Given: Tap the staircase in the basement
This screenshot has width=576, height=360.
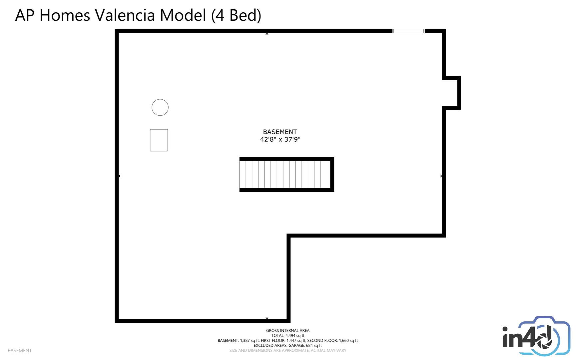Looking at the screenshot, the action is point(287,174).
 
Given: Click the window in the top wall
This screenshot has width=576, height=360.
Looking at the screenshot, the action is point(408,31).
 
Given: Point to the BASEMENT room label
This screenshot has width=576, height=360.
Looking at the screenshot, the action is point(280,132).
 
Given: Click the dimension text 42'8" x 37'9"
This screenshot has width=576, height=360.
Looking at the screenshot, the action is point(280,139).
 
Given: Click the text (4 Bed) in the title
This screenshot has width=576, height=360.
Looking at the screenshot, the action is point(236,15).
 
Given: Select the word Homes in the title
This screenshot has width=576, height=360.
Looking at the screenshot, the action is point(65,15).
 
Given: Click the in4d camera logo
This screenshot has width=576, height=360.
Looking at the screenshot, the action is point(536,336).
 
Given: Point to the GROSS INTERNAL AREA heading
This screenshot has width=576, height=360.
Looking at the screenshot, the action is point(288,331).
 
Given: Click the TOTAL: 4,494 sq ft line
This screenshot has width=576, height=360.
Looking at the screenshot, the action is point(288,336).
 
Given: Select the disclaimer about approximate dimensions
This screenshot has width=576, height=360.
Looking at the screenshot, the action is point(288,351).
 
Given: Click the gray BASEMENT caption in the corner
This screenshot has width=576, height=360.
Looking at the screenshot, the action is point(20,351).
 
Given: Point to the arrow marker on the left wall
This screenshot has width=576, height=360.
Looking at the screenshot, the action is point(119,176).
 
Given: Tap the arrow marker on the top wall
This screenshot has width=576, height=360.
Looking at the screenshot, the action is point(267,34).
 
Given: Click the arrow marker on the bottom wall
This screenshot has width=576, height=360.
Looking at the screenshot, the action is point(267,319).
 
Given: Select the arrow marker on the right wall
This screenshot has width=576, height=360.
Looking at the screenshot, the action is point(441,176).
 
